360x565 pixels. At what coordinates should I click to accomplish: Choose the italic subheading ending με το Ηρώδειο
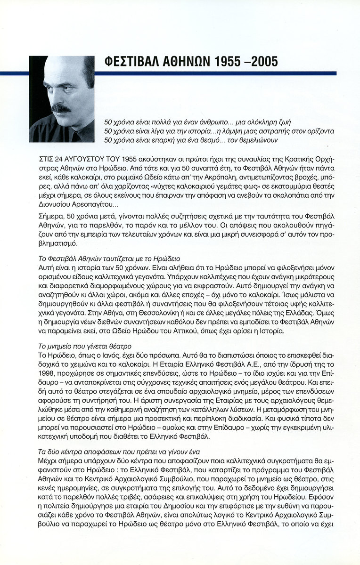(x=108, y=259)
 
